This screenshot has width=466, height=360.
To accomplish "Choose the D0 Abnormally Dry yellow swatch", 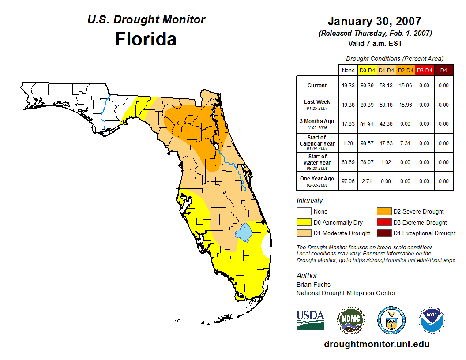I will coord(304,222).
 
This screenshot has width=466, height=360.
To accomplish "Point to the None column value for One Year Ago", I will coord(348,181).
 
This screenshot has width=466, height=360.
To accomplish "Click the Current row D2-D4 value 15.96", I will coord(405,86).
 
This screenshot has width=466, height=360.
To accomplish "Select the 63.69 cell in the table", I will coord(348,162).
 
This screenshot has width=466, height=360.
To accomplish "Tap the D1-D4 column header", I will coord(386,70).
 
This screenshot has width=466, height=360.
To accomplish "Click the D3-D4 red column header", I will coord(424,70).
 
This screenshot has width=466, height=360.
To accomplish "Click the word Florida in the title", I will coord(146,39).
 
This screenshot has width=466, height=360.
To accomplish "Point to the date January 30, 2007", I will coord(375,21).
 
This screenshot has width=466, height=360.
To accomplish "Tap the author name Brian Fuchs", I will coord(313,285).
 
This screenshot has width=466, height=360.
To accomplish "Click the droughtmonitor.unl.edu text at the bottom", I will coord(376,344).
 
